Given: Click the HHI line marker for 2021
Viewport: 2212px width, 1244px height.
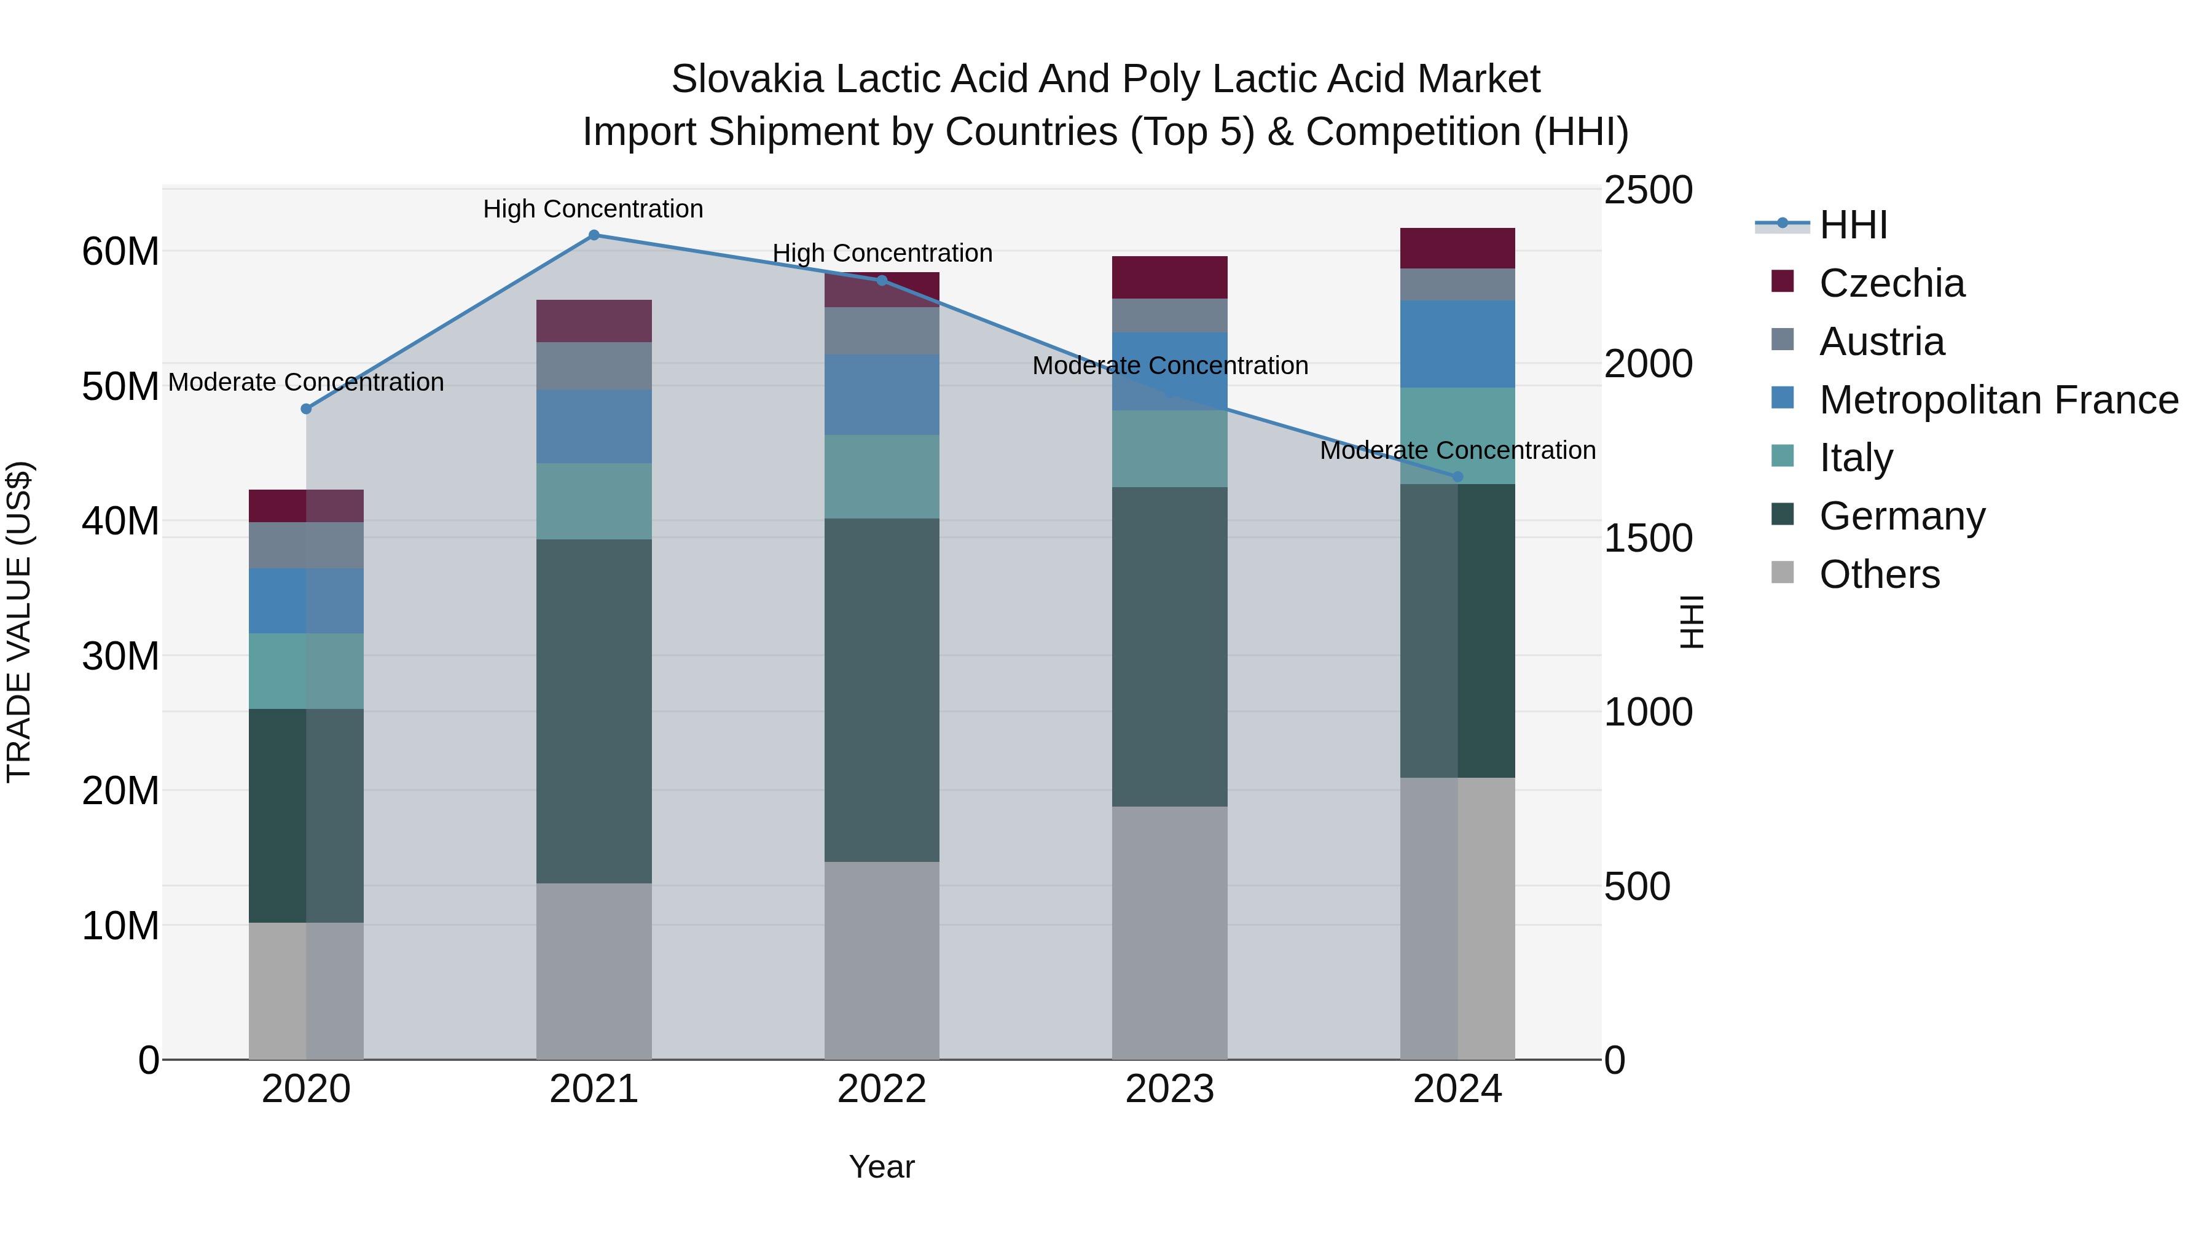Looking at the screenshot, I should (594, 235).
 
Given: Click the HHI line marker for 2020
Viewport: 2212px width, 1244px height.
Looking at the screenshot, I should (306, 410).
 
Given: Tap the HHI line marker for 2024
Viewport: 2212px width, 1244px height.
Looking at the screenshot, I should (1457, 477).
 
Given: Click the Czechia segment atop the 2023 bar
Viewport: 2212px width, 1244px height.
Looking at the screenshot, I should (1169, 277).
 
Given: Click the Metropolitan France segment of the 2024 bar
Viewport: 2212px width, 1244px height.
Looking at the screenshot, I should (1457, 344).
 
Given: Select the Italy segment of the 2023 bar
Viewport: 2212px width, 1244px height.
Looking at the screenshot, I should (1169, 449).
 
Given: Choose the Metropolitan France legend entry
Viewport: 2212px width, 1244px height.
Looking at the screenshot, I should (1998, 400).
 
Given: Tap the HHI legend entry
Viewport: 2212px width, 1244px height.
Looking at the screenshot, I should (1853, 225).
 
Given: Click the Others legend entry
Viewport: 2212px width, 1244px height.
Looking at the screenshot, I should (1879, 574).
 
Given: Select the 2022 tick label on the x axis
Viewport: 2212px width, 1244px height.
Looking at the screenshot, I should (882, 1089).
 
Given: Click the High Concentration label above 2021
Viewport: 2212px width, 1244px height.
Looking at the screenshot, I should (594, 209).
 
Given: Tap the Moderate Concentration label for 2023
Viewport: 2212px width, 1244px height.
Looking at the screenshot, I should (1169, 366).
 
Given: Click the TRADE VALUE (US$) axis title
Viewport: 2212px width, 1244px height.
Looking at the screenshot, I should (19, 622).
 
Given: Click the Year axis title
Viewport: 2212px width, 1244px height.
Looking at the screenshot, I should (882, 1167).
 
